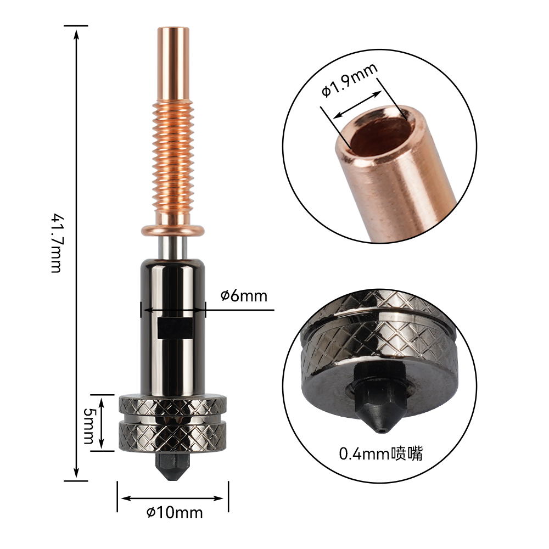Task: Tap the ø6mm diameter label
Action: pyautogui.click(x=244, y=296)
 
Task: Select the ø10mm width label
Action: pyautogui.click(x=175, y=513)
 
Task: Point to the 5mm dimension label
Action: pyautogui.click(x=88, y=425)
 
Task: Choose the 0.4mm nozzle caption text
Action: pyautogui.click(x=380, y=453)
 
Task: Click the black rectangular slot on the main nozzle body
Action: pyautogui.click(x=175, y=328)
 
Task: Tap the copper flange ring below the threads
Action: pyautogui.click(x=172, y=230)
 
